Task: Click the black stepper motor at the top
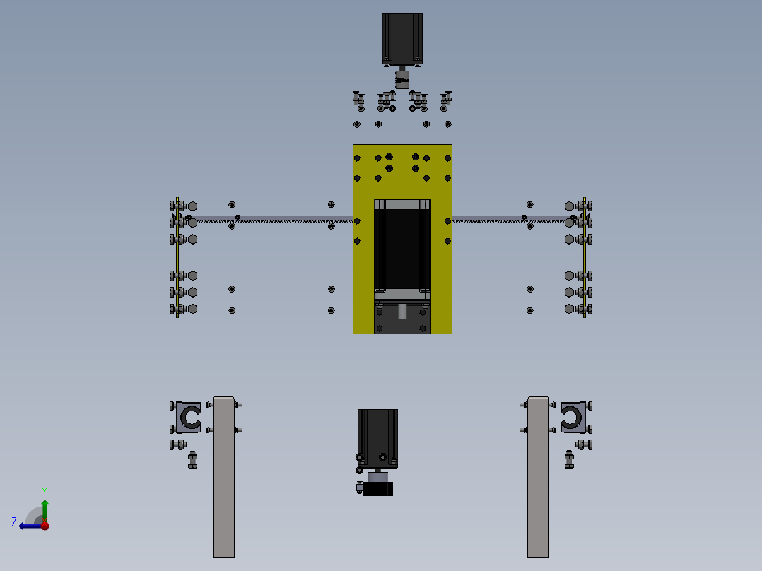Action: tap(402, 39)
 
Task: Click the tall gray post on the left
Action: tap(224, 481)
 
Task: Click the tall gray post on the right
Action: tap(538, 481)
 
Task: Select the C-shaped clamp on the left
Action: tap(189, 418)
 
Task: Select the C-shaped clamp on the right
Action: tap(573, 418)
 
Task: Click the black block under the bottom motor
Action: tap(378, 488)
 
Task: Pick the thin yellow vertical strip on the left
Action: tap(177, 258)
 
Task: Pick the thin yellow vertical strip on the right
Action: tap(585, 258)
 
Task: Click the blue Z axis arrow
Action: tap(28, 526)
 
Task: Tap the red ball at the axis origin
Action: tap(45, 526)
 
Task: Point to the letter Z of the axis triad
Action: tap(14, 522)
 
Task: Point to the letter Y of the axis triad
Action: tap(44, 490)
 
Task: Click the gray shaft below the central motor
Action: tap(402, 310)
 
